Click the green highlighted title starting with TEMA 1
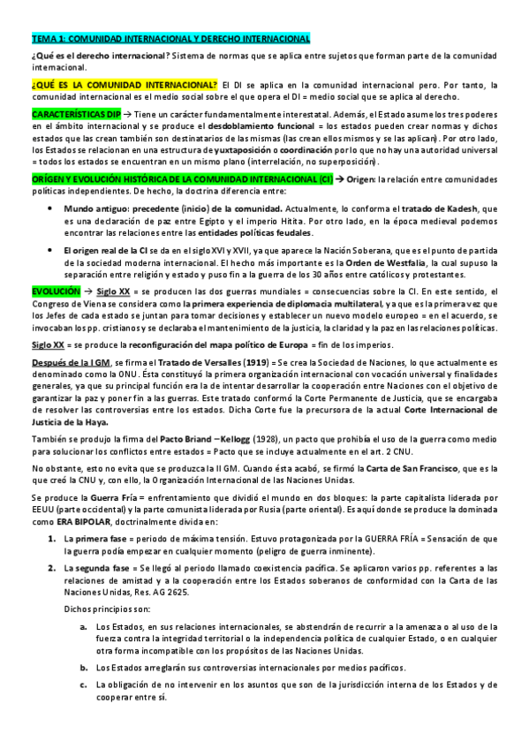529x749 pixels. tap(170, 39)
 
